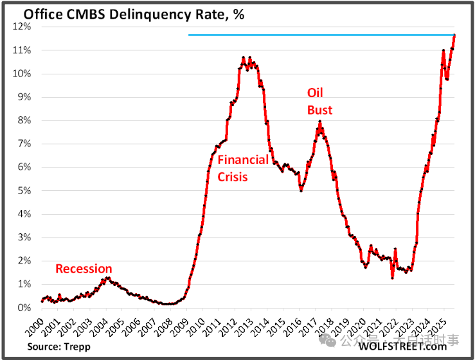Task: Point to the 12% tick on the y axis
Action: pyautogui.click(x=22, y=27)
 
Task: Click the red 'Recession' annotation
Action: pyautogui.click(x=84, y=269)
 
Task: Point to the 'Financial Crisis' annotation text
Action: pyautogui.click(x=242, y=168)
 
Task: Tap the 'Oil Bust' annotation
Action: pyautogui.click(x=319, y=102)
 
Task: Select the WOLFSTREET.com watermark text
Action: pyautogui.click(x=402, y=346)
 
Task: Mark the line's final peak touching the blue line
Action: pyautogui.click(x=454, y=35)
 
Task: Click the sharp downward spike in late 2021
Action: pyautogui.click(x=392, y=278)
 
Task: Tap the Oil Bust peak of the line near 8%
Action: pyautogui.click(x=320, y=122)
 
